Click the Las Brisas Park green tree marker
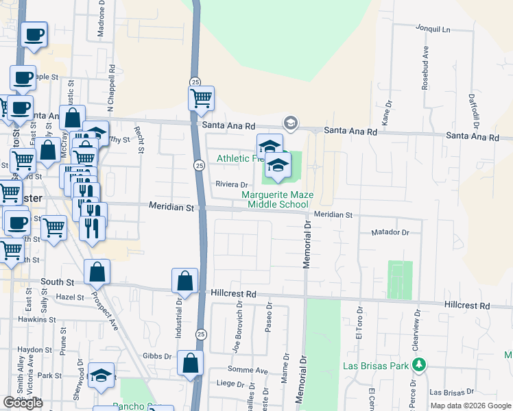(418, 365)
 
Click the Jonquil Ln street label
(432, 29)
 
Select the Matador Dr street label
(390, 233)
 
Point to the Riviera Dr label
(232, 184)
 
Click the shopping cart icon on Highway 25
(201, 99)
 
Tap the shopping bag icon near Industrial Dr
(184, 280)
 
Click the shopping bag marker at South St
(97, 273)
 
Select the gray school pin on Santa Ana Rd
(290, 123)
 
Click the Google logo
(23, 403)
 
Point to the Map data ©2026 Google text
(470, 406)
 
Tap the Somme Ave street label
(251, 371)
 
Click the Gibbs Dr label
(157, 356)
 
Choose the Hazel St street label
(70, 297)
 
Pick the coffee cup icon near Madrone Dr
(34, 34)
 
